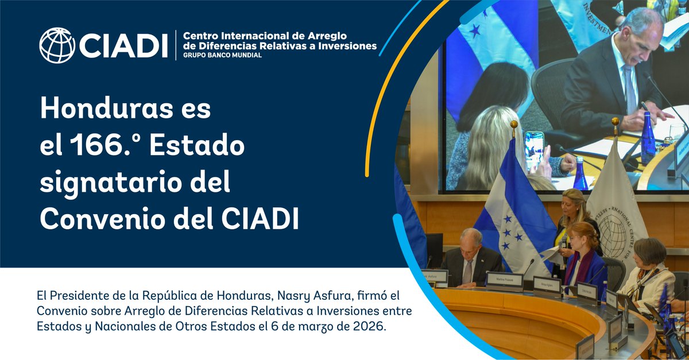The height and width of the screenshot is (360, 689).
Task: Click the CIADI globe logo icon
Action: click(57, 45)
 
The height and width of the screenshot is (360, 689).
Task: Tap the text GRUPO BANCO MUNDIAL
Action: click(222, 55)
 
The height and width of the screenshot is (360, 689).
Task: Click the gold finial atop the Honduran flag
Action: click(513, 126)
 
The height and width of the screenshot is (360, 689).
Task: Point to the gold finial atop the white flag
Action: click(616, 122)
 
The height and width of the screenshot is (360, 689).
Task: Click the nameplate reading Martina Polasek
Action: click(504, 280)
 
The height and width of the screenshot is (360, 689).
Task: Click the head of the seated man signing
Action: click(471, 239)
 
